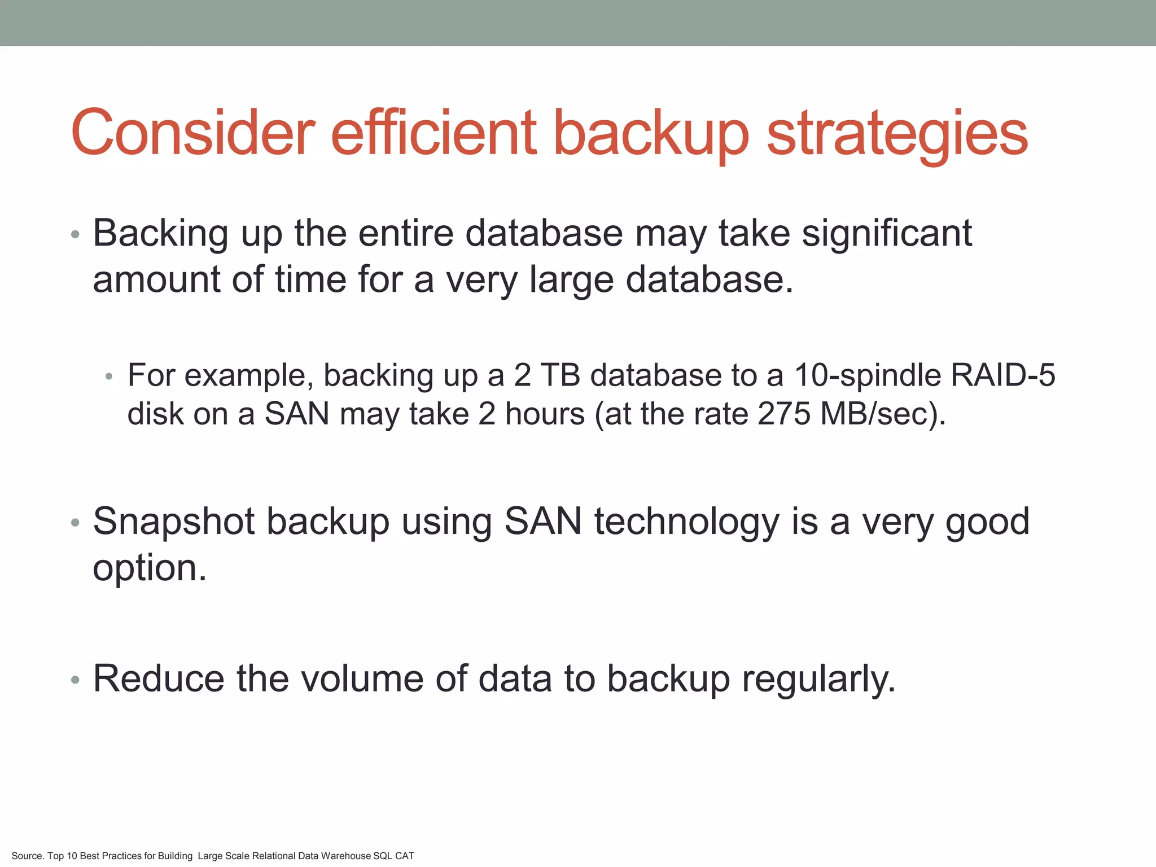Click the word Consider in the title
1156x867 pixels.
(192, 133)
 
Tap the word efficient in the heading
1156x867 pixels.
(433, 133)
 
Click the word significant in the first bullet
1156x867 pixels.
(887, 234)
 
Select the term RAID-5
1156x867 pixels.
(1003, 375)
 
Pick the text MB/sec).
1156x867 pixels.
(883, 414)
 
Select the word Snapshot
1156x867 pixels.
(174, 522)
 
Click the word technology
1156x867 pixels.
(687, 522)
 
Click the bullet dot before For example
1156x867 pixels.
(110, 376)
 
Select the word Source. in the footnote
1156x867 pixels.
(27, 856)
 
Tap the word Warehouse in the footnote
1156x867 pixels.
(345, 856)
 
